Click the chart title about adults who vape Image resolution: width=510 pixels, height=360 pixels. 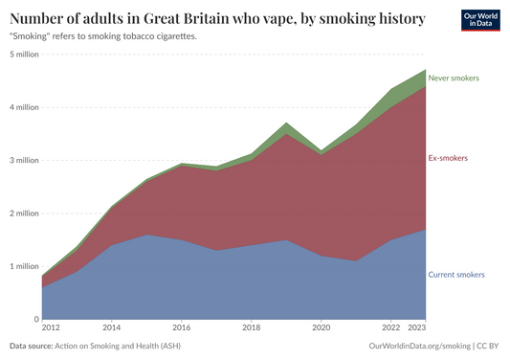pyautogui.click(x=217, y=19)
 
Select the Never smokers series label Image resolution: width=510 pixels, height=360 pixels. pyautogui.click(x=454, y=78)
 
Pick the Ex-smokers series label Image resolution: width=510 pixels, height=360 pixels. pyautogui.click(x=448, y=157)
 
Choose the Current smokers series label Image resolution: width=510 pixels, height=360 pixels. pyautogui.click(x=456, y=275)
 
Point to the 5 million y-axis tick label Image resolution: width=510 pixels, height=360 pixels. pyautogui.click(x=24, y=55)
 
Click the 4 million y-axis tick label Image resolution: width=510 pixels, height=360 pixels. pyautogui.click(x=24, y=107)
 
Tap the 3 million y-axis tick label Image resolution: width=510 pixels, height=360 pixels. pyautogui.click(x=24, y=160)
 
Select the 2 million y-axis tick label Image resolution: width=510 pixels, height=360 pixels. pyautogui.click(x=24, y=214)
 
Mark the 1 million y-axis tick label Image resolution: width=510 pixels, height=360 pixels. pyautogui.click(x=24, y=266)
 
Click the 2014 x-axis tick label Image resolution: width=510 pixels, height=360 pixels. pyautogui.click(x=110, y=326)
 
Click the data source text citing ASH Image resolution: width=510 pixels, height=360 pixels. pyautogui.click(x=94, y=345)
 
